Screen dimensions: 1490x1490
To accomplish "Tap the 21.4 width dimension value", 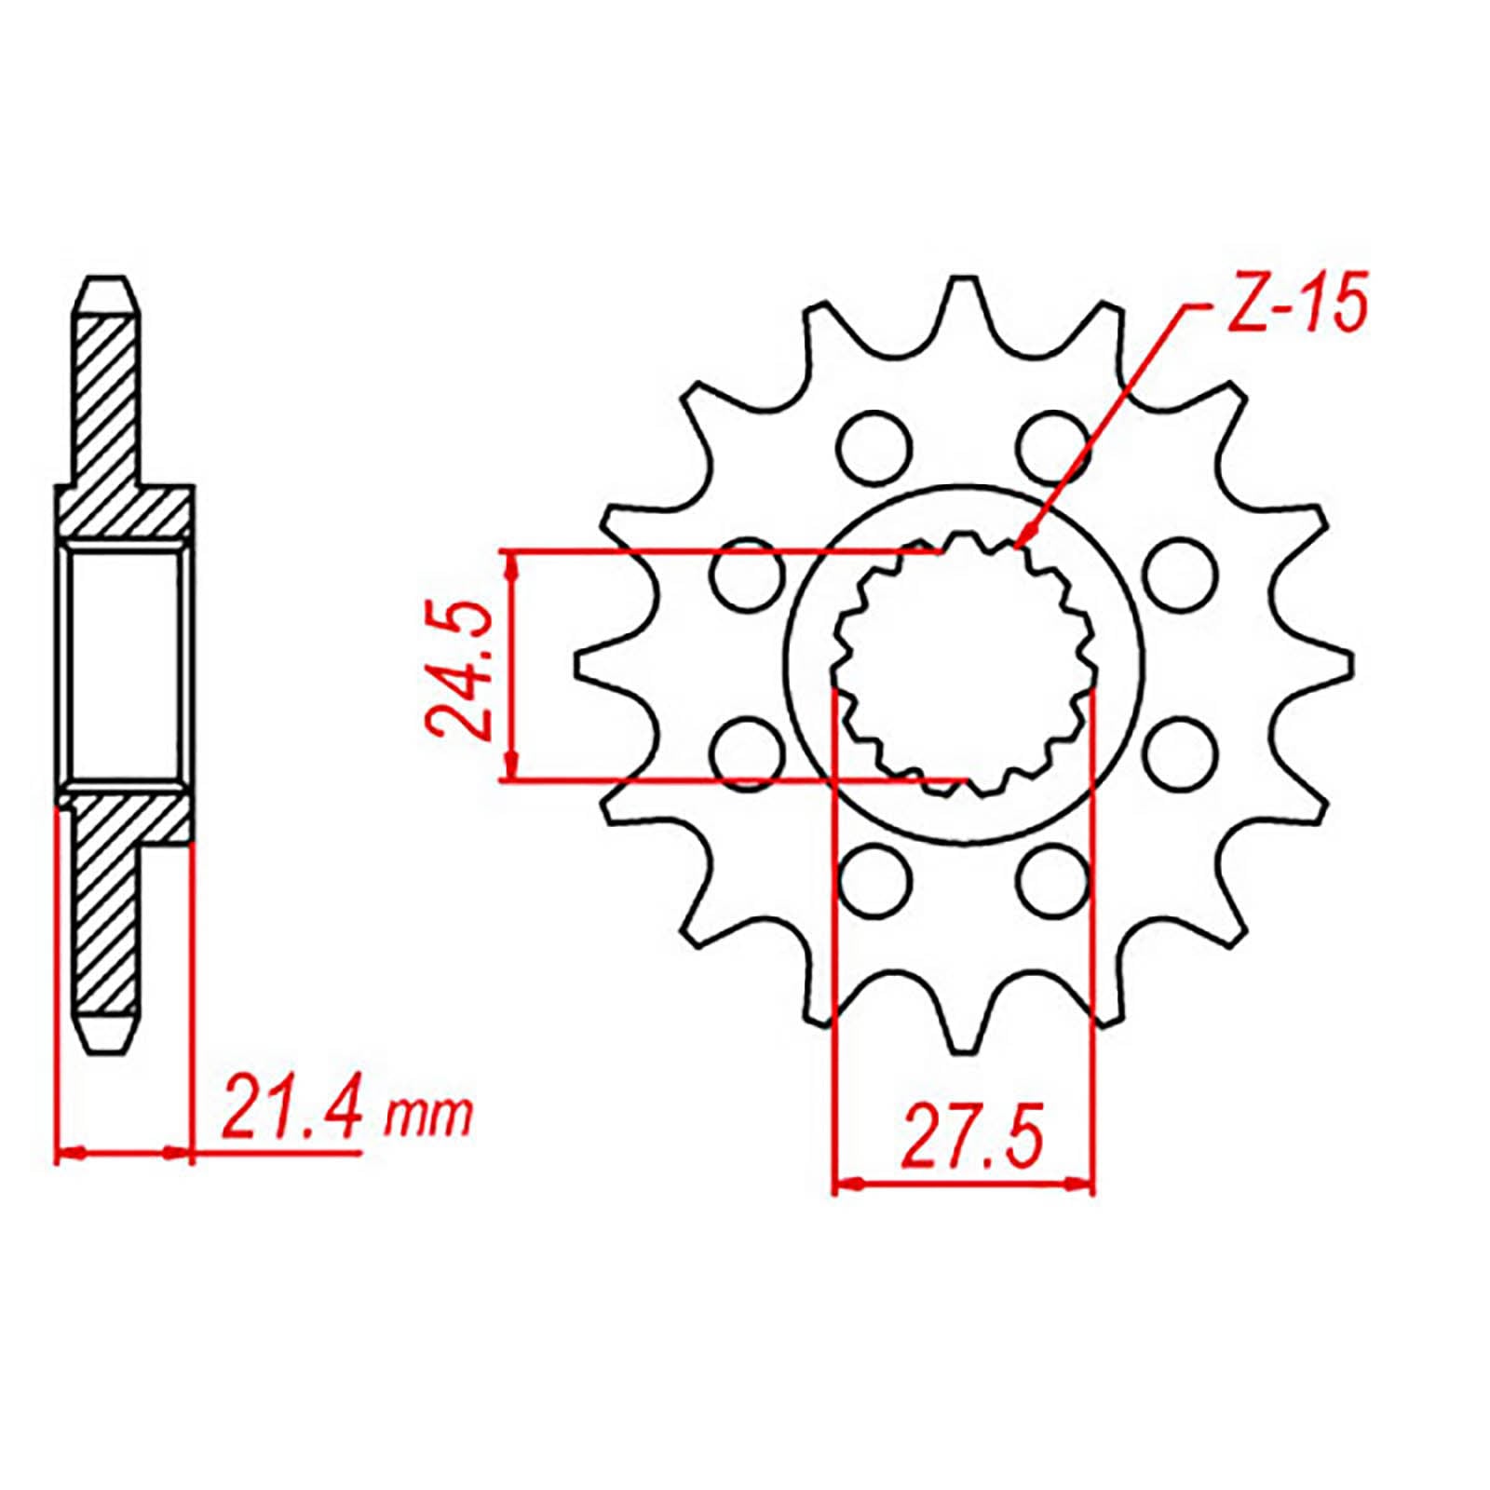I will coord(290,1108).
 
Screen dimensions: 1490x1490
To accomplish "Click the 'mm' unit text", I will coord(429,1115).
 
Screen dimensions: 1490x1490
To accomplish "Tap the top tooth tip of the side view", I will coord(107,279).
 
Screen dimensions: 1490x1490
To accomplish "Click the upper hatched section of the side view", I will coord(107,410).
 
